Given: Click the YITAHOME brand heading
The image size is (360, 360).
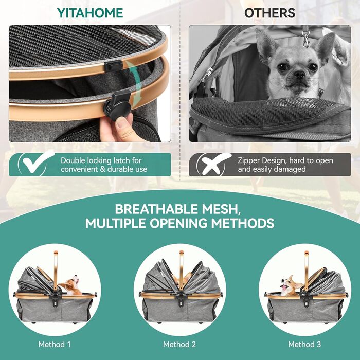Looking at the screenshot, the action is tap(90, 13).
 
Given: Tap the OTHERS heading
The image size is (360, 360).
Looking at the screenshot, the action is tap(270, 13).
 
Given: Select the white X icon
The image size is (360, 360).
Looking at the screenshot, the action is tap(215, 164).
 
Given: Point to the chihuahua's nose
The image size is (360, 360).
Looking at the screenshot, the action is tap(300, 74).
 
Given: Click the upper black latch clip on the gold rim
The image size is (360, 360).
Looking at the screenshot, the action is tap(113, 66).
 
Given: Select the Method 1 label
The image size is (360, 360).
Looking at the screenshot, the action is tap(55, 344).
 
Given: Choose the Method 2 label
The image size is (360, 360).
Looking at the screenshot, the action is tap(179, 344).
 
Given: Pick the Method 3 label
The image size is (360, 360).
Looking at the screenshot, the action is tap(304, 344).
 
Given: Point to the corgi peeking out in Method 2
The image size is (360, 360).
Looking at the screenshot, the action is tap(182, 279).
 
